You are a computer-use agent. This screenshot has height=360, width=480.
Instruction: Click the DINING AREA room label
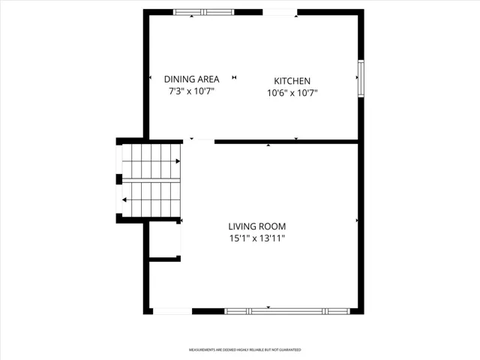192,79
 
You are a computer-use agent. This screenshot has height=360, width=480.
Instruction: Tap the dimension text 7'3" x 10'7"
192,91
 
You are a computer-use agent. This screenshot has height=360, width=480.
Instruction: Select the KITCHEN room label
292,81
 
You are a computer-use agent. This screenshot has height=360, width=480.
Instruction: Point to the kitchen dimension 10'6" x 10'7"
292,92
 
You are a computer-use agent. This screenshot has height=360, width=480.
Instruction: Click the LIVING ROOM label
257,226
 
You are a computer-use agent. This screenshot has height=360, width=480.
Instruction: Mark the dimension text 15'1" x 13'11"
257,238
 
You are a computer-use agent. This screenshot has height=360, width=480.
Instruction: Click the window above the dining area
203,12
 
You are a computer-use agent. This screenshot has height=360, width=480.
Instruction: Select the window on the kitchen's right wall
361,79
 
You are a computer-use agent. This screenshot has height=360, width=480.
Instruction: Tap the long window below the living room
287,311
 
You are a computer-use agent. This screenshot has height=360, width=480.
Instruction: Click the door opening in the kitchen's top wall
280,12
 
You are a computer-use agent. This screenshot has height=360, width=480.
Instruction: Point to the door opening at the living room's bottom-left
172,311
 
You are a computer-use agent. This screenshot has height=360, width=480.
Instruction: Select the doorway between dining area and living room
199,142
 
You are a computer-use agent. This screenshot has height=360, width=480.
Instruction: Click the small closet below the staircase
164,239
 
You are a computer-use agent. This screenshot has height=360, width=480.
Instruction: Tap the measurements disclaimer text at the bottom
244,349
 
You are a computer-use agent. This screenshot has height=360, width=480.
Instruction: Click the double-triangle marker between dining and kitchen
234,77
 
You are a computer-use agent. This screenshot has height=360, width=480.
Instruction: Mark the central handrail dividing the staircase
151,181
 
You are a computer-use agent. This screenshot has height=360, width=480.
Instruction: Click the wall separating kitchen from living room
286,142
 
